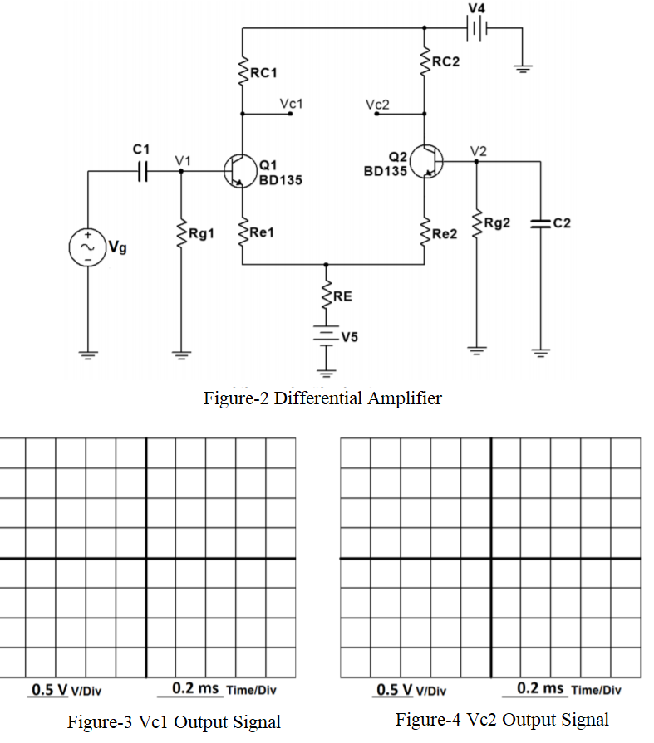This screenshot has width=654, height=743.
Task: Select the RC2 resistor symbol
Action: [425, 60]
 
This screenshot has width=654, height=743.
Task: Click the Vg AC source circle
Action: [88, 247]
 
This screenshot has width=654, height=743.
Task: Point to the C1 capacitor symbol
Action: [142, 172]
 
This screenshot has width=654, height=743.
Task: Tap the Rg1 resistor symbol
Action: [181, 233]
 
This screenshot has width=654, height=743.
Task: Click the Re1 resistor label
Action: [262, 234]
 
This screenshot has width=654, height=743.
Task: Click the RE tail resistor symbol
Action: [326, 295]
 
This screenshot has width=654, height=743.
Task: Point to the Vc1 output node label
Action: [291, 104]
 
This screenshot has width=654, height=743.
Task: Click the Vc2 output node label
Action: [376, 105]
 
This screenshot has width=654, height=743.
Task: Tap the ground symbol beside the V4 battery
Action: [522, 69]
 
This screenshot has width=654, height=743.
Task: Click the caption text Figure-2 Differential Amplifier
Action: [322, 398]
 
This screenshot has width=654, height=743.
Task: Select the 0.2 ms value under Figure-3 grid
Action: [195, 688]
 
